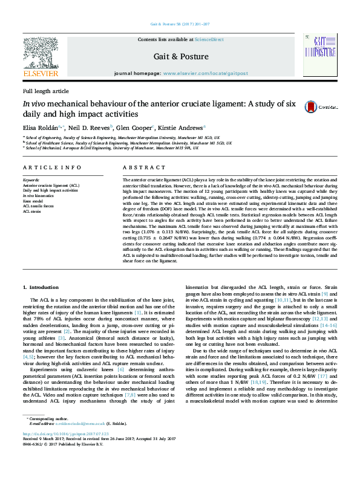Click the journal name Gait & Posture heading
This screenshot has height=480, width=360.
pyautogui.click(x=181, y=57)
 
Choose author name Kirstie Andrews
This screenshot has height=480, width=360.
pyautogui.click(x=182, y=128)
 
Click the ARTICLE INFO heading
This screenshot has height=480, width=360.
pyautogui.click(x=52, y=167)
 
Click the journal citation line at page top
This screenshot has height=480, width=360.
pyautogui.click(x=180, y=24)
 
